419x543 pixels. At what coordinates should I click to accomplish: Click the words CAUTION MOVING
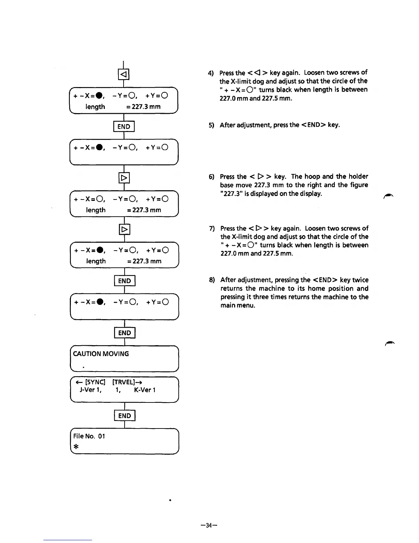(101, 354)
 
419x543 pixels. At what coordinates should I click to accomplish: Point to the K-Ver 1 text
(145, 390)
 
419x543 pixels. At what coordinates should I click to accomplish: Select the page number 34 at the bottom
(209, 525)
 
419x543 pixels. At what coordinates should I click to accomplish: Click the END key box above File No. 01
(125, 416)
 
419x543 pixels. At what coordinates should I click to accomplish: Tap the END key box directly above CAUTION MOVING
(125, 333)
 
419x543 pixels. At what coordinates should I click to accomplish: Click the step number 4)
(211, 73)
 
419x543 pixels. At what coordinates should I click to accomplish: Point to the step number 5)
(211, 125)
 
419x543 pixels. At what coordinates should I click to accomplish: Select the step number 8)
(212, 280)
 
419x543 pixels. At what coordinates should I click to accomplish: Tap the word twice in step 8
(360, 280)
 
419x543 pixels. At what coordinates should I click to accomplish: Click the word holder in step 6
(358, 177)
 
